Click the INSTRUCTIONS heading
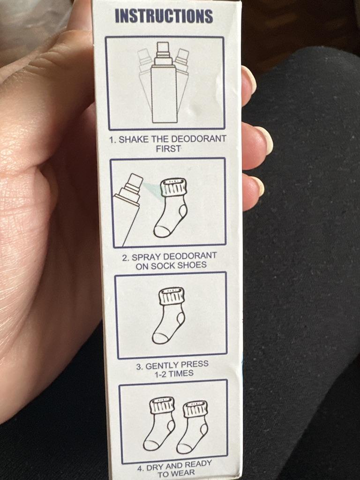164,16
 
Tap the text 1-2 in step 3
161,375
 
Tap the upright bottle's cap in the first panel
163,53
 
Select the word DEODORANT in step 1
198,139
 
